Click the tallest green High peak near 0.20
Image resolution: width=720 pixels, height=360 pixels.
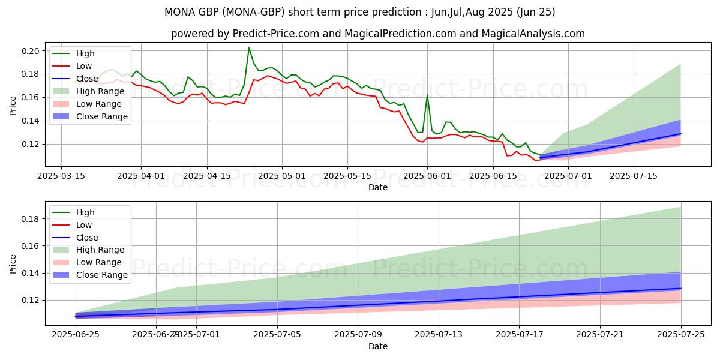tap(249, 48)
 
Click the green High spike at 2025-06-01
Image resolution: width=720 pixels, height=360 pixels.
tap(427, 95)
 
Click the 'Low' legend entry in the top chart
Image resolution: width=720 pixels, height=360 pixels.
tap(85, 66)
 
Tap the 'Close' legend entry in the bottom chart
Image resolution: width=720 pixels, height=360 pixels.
tap(88, 238)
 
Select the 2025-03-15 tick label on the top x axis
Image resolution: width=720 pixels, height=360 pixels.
tap(61, 176)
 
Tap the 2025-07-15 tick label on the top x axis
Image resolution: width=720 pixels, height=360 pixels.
tap(634, 176)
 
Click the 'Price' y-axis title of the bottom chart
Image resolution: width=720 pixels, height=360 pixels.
tap(13, 263)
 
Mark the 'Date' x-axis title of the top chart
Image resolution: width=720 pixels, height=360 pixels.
tap(378, 187)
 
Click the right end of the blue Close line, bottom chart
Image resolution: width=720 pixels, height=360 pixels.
tap(680, 289)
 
